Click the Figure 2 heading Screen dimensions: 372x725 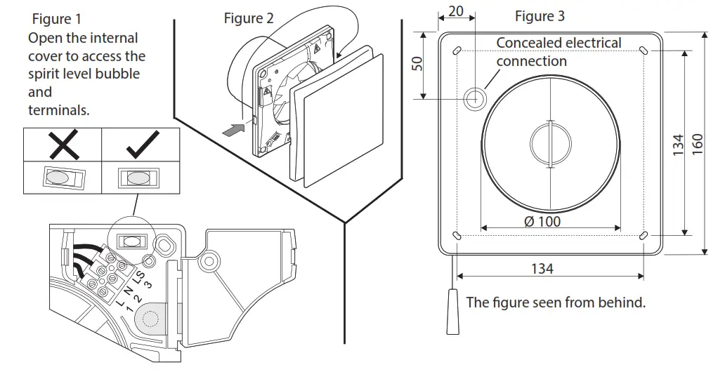pyautogui.click(x=249, y=19)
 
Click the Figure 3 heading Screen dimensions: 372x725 pyautogui.click(x=540, y=16)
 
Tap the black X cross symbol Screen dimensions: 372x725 pyautogui.click(x=63, y=146)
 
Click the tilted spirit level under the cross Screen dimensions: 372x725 pyautogui.click(x=62, y=178)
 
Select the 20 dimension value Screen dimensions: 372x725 pyautogui.click(x=456, y=12)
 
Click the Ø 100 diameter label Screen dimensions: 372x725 pyautogui.click(x=542, y=222)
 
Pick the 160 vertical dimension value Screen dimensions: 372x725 pyautogui.click(x=698, y=144)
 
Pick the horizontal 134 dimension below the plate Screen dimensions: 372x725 pyautogui.click(x=542, y=269)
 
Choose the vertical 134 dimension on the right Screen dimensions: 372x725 pyautogui.click(x=678, y=144)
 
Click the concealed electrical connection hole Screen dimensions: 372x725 pyautogui.click(x=476, y=98)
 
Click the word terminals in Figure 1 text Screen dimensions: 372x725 pyautogui.click(x=59, y=110)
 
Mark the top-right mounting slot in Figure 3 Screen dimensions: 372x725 pyautogui.click(x=644, y=51)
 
